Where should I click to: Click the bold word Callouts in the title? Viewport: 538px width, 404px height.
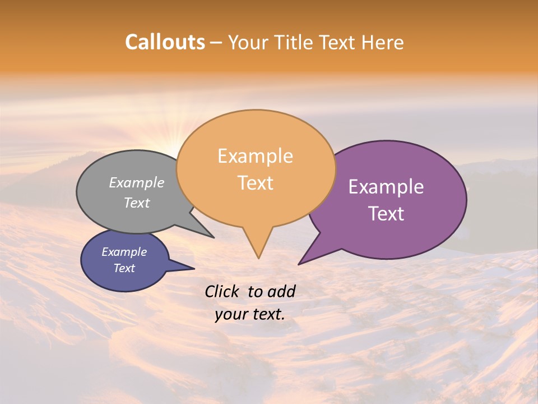pos(165,42)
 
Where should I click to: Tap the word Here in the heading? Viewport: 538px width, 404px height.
pos(383,42)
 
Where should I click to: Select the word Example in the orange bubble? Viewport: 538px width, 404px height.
pos(255,156)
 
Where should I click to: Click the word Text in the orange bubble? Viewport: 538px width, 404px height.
pos(255,183)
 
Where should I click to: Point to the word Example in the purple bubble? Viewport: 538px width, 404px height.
pos(386,187)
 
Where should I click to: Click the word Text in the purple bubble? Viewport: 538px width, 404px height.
pos(386,214)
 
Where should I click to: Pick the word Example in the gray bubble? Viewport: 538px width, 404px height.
pos(136,182)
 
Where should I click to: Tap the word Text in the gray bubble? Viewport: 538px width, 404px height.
pos(136,203)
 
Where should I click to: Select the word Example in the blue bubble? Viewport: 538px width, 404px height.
pos(124,252)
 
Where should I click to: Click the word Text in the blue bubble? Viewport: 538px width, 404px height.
pos(124,268)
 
